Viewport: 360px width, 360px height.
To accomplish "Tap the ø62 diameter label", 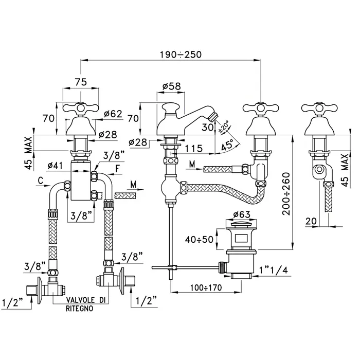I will pyautogui.click(x=112, y=114).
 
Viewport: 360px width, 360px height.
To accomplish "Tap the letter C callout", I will pyautogui.click(x=40, y=181).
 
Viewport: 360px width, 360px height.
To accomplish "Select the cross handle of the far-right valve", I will pyautogui.click(x=316, y=109).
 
